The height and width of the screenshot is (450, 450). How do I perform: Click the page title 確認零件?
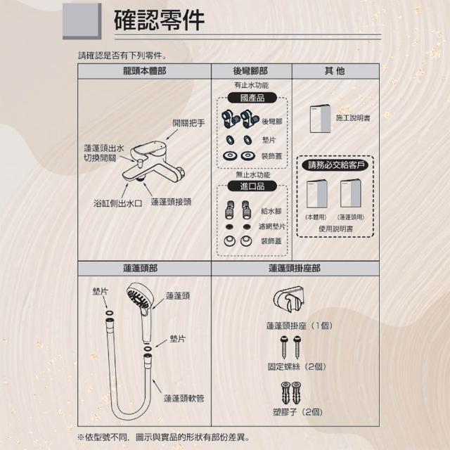(x=159, y=20)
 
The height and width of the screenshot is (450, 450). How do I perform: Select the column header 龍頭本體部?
(x=144, y=71)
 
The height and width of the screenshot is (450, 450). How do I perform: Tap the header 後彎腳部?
(x=250, y=71)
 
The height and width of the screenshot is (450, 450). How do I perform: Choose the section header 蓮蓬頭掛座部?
(x=295, y=269)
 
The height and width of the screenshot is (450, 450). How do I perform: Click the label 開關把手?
(x=188, y=123)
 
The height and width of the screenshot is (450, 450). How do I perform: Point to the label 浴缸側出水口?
(x=118, y=203)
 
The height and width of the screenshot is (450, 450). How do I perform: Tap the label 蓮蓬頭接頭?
(x=171, y=202)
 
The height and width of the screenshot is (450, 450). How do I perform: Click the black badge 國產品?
(x=252, y=98)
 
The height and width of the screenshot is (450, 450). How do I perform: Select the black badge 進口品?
(x=252, y=186)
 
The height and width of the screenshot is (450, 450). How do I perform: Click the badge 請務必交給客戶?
(x=335, y=165)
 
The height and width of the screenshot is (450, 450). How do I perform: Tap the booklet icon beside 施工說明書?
(x=320, y=119)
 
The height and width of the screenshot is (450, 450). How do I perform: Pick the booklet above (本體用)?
(x=317, y=194)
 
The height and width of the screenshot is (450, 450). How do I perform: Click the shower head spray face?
(x=137, y=297)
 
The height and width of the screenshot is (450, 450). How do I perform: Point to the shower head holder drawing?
(x=288, y=299)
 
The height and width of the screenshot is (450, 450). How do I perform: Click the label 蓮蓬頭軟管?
(x=184, y=399)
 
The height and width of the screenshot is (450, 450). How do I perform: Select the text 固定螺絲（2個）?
(x=297, y=366)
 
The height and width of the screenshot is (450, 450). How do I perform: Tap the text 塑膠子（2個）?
(x=297, y=412)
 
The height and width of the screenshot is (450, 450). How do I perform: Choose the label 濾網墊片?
(x=272, y=226)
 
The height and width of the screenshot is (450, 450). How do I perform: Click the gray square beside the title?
(x=82, y=21)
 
